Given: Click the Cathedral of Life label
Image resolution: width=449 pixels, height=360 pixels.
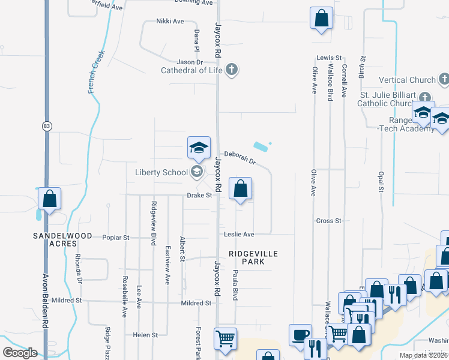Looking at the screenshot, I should tap(191, 70).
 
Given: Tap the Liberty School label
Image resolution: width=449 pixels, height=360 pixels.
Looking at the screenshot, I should tap(161, 173).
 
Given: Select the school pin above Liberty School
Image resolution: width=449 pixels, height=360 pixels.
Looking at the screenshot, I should tap(199, 149).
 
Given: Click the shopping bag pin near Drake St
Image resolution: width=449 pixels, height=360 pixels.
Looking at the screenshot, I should tap(240, 190).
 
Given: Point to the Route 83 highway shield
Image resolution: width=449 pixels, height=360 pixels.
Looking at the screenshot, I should tap(47, 126).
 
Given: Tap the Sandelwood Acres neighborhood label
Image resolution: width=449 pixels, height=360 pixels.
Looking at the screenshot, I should tap(62, 240).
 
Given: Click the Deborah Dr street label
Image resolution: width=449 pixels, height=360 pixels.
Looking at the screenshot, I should tap(240, 158).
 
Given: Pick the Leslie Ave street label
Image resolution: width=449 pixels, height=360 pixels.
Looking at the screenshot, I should tap(240, 234).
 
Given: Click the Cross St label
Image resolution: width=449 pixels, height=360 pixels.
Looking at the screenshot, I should tap(329, 221).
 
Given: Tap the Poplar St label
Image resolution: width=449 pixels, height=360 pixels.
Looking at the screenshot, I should tap(116, 238).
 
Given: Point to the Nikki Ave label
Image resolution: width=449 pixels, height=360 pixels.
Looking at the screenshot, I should tap(170, 22).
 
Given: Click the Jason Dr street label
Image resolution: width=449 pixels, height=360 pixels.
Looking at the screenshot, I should tap(190, 62).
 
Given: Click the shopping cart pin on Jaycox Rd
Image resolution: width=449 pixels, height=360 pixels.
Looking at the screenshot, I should tap(225, 339).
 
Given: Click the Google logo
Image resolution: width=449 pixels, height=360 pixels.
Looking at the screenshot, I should tap(20, 353).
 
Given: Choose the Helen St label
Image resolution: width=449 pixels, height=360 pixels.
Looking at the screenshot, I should tap(145, 335).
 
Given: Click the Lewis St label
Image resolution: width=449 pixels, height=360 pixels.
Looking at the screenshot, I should tap(325, 58).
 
